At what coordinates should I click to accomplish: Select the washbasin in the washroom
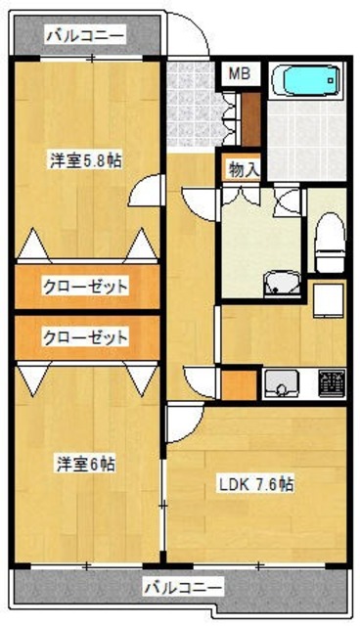283,284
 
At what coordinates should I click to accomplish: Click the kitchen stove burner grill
332,382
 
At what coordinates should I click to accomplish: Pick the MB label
239,72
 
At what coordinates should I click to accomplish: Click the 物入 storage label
243,168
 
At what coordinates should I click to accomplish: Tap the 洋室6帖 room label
82,465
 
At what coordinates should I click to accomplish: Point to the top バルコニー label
85,35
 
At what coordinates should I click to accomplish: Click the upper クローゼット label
85,287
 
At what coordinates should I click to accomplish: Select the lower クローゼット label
85,337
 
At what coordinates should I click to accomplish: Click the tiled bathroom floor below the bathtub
303,142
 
